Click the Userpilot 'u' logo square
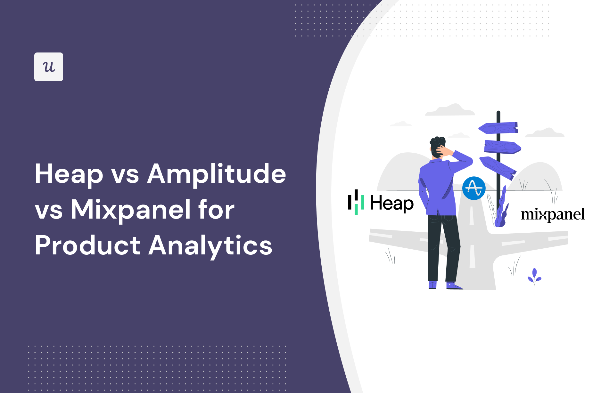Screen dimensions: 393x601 49,67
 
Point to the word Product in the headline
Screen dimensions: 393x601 87,246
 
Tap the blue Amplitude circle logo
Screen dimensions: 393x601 474,188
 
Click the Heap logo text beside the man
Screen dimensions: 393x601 391,204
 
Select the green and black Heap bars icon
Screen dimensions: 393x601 356,202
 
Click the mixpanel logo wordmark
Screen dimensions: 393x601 553,215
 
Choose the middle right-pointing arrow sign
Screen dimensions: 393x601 502,147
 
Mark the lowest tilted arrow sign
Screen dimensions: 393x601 498,168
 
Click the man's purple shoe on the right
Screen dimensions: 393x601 453,285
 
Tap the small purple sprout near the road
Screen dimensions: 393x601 534,276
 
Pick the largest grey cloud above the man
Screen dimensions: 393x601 450,110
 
